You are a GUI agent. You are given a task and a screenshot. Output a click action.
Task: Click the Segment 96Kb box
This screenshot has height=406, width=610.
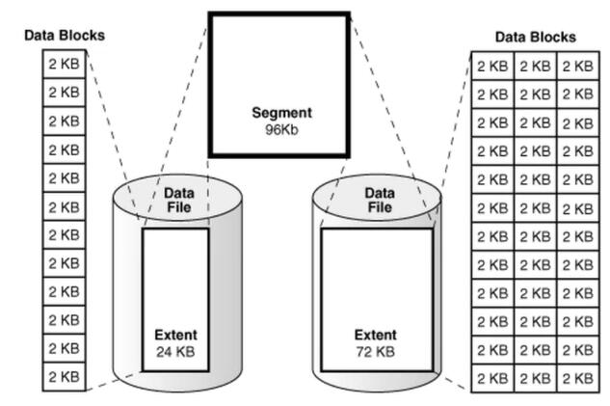pyautogui.click(x=279, y=85)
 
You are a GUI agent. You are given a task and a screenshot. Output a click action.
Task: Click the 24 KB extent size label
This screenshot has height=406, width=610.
pyautogui.click(x=174, y=352)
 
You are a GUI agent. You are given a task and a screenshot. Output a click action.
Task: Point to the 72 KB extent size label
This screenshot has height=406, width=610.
pyautogui.click(x=375, y=352)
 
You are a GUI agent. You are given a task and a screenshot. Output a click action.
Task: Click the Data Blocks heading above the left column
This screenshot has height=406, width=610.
pyautogui.click(x=65, y=36)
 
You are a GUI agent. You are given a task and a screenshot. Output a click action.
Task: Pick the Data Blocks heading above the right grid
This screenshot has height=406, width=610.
pyautogui.click(x=535, y=37)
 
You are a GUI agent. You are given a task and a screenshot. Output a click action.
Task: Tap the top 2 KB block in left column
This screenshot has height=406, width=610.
pyautogui.click(x=65, y=64)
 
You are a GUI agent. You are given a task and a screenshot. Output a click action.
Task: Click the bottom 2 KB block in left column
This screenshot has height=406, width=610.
pyautogui.click(x=65, y=376)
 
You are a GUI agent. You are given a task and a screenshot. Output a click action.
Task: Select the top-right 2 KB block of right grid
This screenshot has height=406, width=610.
pyautogui.click(x=576, y=66)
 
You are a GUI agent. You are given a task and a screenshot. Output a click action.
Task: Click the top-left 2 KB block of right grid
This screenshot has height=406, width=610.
pyautogui.click(x=492, y=66)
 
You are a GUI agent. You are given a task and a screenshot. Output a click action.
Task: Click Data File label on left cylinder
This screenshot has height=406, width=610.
pyautogui.click(x=178, y=200)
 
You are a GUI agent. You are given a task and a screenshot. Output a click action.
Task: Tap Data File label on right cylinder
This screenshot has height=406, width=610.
pyautogui.click(x=379, y=200)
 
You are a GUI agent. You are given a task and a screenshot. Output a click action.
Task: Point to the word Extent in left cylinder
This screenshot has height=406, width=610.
pyautogui.click(x=174, y=336)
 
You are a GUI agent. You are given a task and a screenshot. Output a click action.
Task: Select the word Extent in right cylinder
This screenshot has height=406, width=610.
pyautogui.click(x=375, y=336)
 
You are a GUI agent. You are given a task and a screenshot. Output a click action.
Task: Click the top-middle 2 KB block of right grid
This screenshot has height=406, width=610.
pyautogui.click(x=535, y=66)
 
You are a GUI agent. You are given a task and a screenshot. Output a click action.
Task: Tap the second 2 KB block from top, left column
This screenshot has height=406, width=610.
pyautogui.click(x=65, y=93)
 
